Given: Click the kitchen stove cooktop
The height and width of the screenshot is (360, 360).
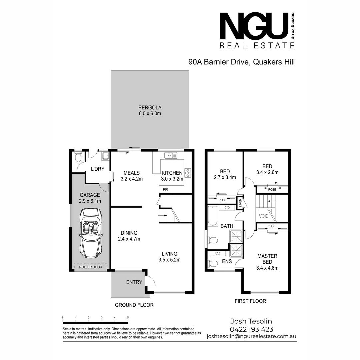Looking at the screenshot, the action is (188, 173).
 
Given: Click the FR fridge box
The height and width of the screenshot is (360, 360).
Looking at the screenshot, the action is (165, 190).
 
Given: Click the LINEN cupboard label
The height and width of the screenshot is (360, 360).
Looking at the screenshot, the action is (240, 203).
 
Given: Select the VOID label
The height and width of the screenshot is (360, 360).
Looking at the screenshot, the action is (264, 216).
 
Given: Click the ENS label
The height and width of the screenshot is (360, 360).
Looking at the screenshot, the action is (227, 262).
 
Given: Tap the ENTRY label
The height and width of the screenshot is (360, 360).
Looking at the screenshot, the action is (134, 282).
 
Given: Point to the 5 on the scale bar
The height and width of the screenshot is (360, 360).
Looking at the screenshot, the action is (128, 317).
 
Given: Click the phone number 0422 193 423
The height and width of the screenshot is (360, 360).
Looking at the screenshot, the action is (251, 329).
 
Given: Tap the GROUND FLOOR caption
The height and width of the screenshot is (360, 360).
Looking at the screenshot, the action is (134, 305).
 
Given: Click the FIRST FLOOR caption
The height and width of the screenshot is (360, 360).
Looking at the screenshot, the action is (250, 301).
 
